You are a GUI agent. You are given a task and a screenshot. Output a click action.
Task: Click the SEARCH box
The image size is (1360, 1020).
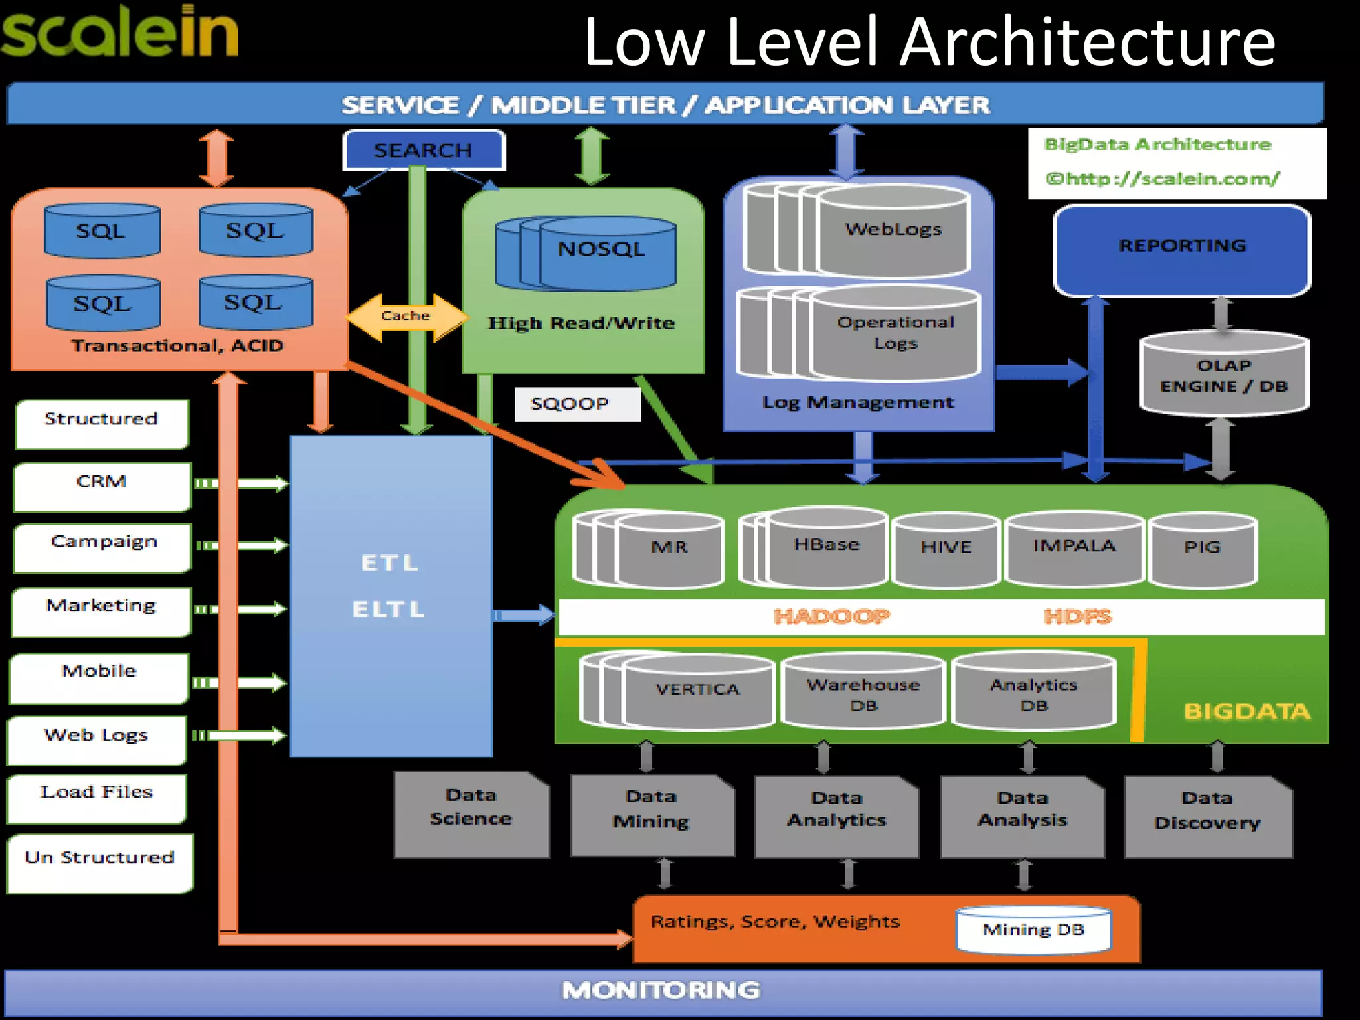[x=423, y=151]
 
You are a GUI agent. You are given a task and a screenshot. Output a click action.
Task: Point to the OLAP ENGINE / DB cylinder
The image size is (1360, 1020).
[x=1223, y=376]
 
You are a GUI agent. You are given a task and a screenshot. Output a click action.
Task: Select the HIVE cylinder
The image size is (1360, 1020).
[x=946, y=549]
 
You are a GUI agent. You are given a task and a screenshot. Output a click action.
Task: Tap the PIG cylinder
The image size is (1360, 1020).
[x=1203, y=549]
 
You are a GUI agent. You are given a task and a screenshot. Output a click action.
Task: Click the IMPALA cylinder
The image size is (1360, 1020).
[x=1074, y=547]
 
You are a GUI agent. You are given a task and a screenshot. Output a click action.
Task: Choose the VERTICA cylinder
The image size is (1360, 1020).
[x=697, y=691]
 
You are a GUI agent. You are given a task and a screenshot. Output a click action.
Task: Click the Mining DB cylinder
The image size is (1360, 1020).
[x=1033, y=930]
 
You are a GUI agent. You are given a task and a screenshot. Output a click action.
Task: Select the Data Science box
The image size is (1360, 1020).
[x=471, y=813]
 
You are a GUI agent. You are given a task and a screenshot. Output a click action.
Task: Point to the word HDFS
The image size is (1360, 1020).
[x=1077, y=617]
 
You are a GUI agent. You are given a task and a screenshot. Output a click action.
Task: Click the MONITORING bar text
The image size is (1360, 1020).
[x=661, y=991]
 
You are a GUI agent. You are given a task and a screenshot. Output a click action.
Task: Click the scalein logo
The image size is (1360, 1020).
[x=120, y=33]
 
